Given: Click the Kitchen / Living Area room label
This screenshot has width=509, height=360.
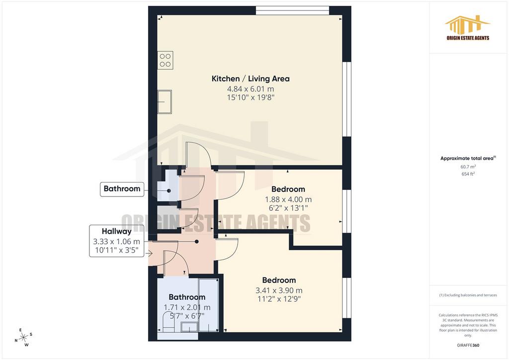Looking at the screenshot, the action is click(251, 79).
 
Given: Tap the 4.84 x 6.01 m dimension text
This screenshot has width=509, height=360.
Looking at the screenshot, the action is click(251, 89).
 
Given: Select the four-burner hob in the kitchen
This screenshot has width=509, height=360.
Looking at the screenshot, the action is click(165, 60).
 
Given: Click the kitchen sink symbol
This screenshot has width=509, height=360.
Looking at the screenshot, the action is click(165, 101).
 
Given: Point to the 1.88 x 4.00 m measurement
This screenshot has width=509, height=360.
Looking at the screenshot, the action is click(288, 199).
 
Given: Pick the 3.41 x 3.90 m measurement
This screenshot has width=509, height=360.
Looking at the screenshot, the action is click(279, 290).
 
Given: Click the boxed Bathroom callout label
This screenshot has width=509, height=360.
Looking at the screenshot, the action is click(122, 188).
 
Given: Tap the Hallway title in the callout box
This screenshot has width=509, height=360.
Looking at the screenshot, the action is click(116, 231).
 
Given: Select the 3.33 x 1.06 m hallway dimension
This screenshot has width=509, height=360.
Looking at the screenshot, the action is click(116, 242).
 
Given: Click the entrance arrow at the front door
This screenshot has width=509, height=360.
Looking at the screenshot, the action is click(150, 254).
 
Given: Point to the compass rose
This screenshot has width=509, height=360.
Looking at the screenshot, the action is click(24, 338).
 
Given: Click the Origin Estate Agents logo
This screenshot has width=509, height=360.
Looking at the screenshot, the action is click(468, 28).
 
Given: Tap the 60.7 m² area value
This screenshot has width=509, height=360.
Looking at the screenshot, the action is click(468, 167).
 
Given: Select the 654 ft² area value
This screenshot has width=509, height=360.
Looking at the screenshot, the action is click(468, 174).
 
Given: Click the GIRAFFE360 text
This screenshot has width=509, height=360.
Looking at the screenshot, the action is click(468, 345).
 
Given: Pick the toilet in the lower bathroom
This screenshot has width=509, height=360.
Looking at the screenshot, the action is click(168, 322).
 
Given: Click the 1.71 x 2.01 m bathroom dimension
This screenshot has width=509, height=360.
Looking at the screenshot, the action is click(187, 307).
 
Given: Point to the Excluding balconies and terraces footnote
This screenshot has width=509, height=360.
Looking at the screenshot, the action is click(468, 295).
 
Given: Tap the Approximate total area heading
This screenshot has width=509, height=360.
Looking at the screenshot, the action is click(468, 159).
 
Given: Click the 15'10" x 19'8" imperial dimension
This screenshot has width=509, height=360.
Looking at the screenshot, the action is click(251, 97).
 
